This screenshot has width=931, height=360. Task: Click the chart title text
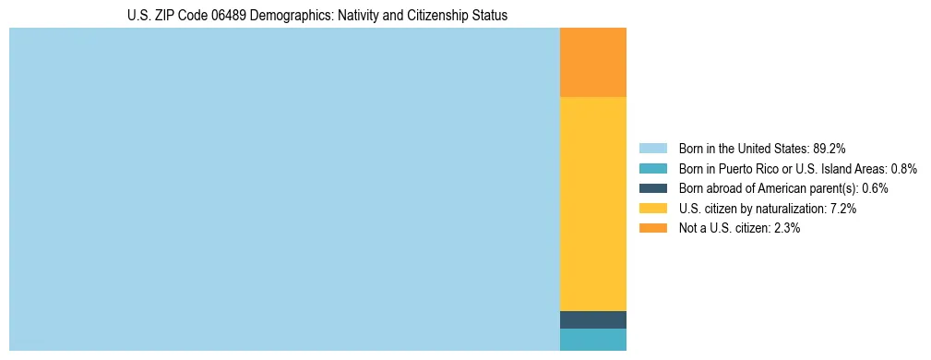point(316,16)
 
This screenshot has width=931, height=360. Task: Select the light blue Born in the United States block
point(284,189)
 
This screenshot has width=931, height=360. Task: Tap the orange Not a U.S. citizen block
point(592,62)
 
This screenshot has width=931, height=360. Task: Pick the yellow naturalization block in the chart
point(592,203)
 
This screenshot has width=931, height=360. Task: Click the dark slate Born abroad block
point(592,319)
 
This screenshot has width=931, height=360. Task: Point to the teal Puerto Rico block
point(592,340)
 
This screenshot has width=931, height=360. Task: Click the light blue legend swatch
point(652,148)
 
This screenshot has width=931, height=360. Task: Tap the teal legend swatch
point(652,168)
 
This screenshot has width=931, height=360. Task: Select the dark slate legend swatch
point(652,188)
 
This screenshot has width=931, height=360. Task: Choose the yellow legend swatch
point(652,209)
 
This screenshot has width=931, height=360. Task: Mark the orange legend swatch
point(652,228)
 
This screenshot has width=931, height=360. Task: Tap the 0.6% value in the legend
point(876,188)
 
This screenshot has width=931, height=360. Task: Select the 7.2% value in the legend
point(843,209)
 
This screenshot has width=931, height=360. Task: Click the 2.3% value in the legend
point(787,228)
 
